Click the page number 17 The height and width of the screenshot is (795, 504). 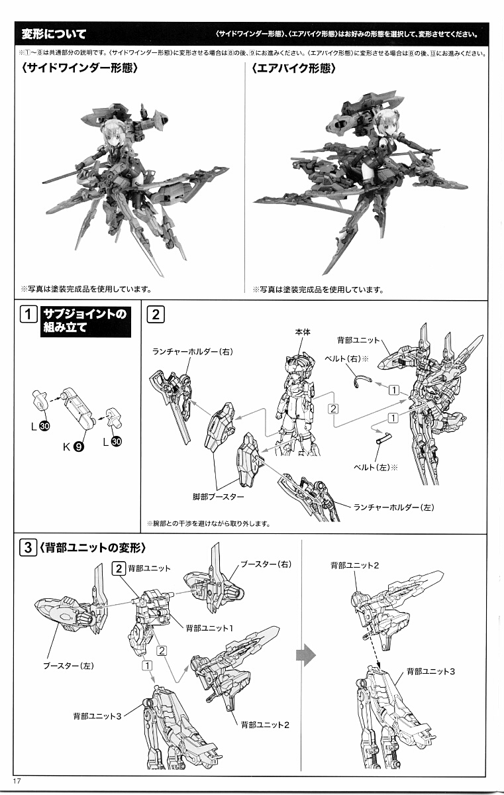pyautogui.click(x=17, y=782)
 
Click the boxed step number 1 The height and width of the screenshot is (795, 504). pyautogui.click(x=28, y=314)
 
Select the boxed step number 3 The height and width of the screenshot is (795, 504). pyautogui.click(x=28, y=548)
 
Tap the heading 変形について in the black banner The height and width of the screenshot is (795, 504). pyautogui.click(x=53, y=34)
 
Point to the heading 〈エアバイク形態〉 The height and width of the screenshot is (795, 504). pyautogui.click(x=293, y=68)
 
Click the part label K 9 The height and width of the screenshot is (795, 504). pyautogui.click(x=73, y=446)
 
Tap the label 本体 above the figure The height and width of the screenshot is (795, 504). pyautogui.click(x=303, y=332)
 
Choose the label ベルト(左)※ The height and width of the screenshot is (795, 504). pyautogui.click(x=378, y=466)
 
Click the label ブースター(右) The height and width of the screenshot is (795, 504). pyautogui.click(x=266, y=563)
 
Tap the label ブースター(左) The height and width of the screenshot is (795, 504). pyautogui.click(x=69, y=665)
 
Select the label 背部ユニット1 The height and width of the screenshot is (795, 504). pyautogui.click(x=207, y=627)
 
